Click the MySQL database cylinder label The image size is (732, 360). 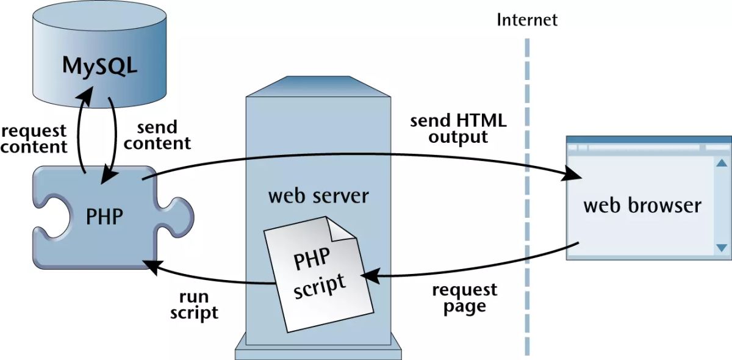tap(99, 65)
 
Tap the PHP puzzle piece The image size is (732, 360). tap(104, 215)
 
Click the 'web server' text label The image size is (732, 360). tap(318, 196)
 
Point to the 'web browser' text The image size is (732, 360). tap(642, 205)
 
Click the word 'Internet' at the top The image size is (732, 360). tap(527, 20)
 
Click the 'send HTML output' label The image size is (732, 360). tap(458, 128)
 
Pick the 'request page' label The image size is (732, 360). tap(464, 297)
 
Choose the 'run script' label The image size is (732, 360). tap(194, 305)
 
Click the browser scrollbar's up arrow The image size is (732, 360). tap(722, 163)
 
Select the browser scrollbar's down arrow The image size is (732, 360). tap(722, 248)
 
